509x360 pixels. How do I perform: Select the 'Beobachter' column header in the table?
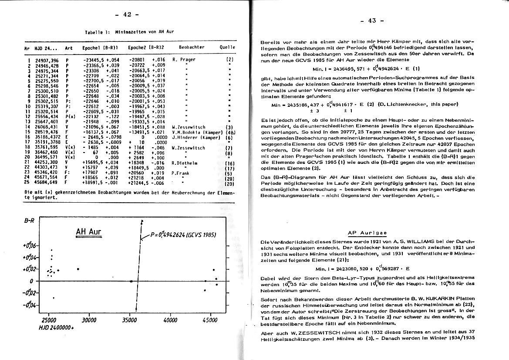(192, 47)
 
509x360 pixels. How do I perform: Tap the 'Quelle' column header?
(228, 47)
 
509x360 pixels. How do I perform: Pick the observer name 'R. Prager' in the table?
(184, 59)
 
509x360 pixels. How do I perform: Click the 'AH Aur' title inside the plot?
(88, 231)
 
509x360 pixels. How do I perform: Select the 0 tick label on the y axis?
(31, 281)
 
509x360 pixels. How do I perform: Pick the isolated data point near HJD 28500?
(78, 269)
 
